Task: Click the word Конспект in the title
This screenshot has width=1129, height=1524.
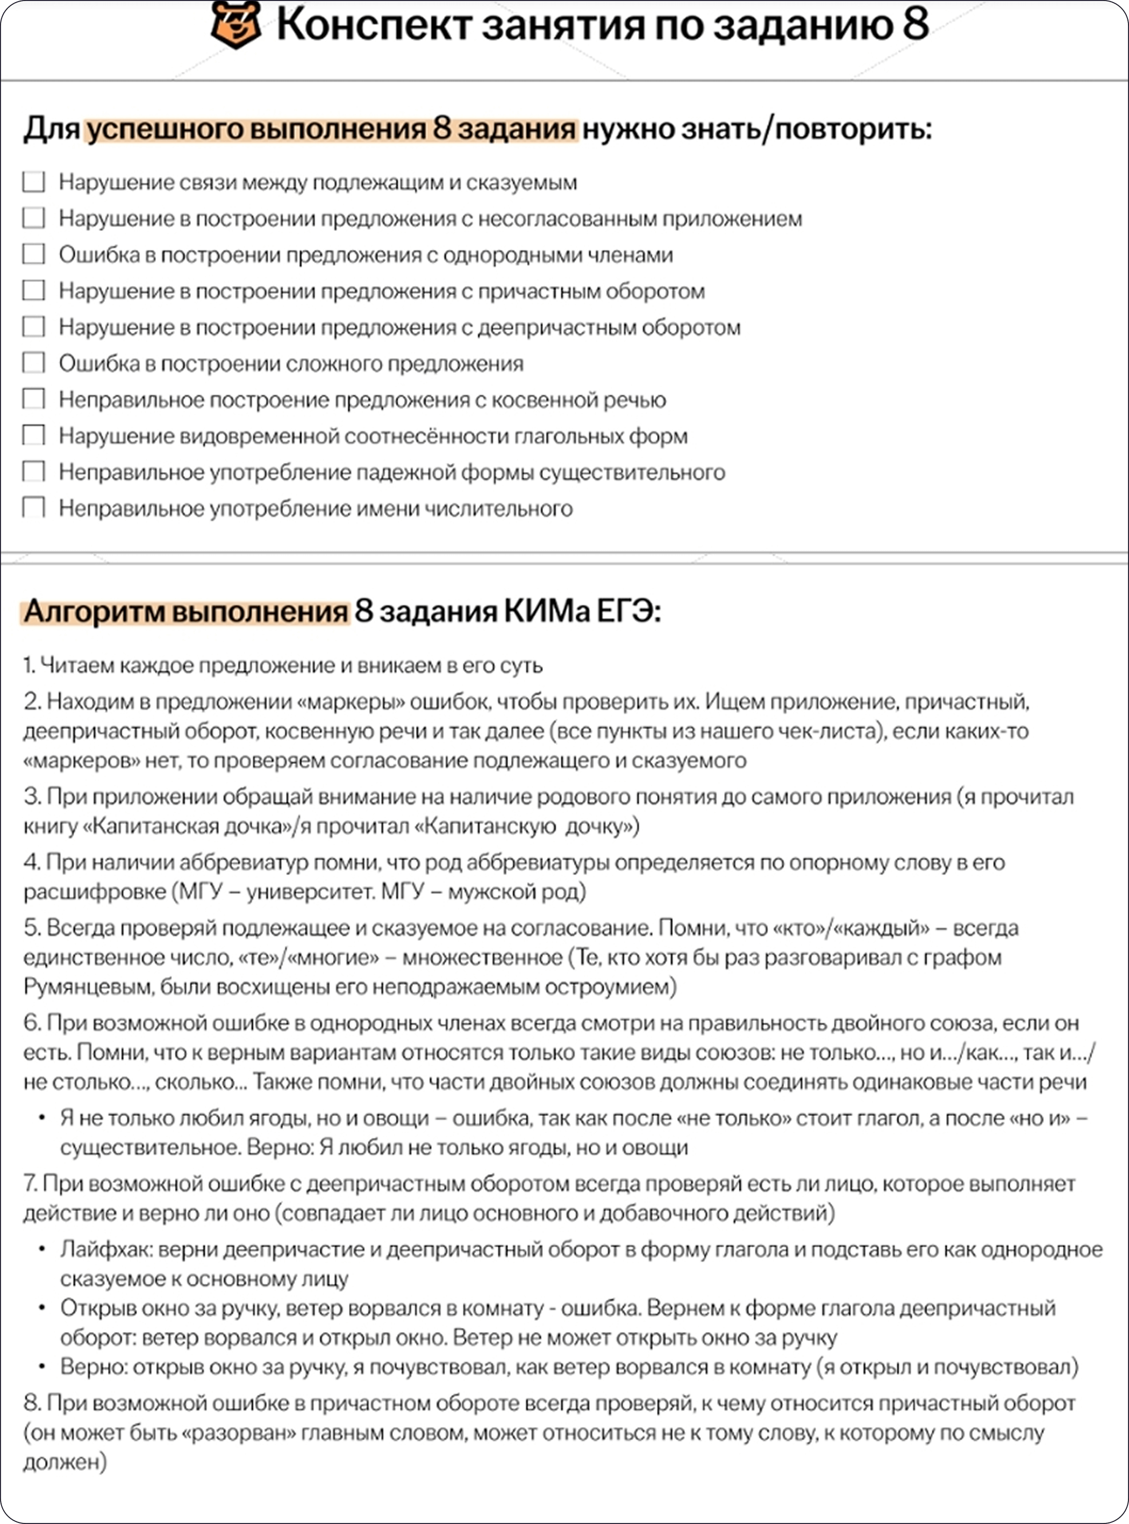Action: tap(375, 25)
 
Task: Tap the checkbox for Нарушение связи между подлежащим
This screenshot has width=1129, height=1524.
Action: tap(33, 182)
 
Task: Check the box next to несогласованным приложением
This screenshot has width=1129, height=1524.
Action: tap(33, 218)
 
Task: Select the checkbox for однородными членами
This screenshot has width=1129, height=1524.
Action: tap(33, 254)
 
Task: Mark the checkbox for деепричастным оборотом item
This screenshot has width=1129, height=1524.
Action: tap(33, 327)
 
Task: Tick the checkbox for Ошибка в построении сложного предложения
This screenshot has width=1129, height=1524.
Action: tap(33, 363)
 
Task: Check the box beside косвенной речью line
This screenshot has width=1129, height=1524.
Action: tap(33, 399)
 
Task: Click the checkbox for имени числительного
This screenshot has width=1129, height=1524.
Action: tap(33, 508)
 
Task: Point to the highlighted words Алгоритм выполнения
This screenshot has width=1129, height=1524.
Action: tap(186, 612)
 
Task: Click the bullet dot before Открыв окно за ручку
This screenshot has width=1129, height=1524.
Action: tap(42, 1308)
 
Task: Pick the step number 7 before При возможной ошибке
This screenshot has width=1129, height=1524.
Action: tap(30, 1184)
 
